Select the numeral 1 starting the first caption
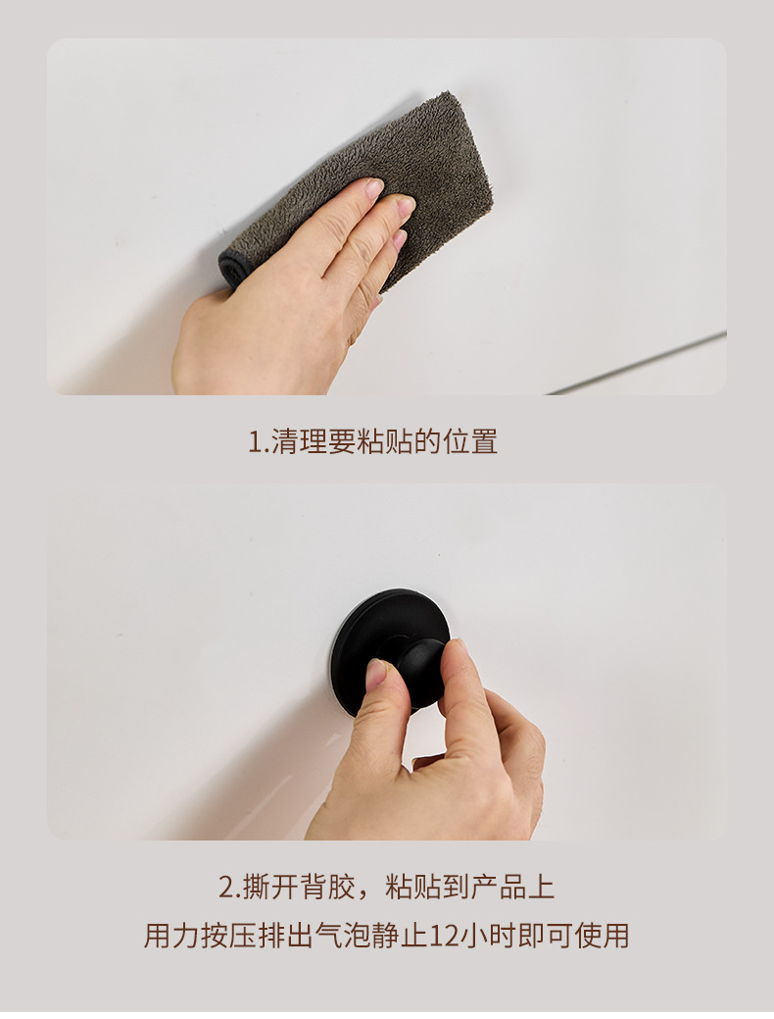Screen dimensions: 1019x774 click(x=253, y=442)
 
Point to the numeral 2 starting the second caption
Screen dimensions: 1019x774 click(x=224, y=889)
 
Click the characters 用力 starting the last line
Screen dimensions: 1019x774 click(x=172, y=935)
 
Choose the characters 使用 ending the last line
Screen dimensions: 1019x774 click(x=602, y=935)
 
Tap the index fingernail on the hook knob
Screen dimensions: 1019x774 click(x=375, y=673)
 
